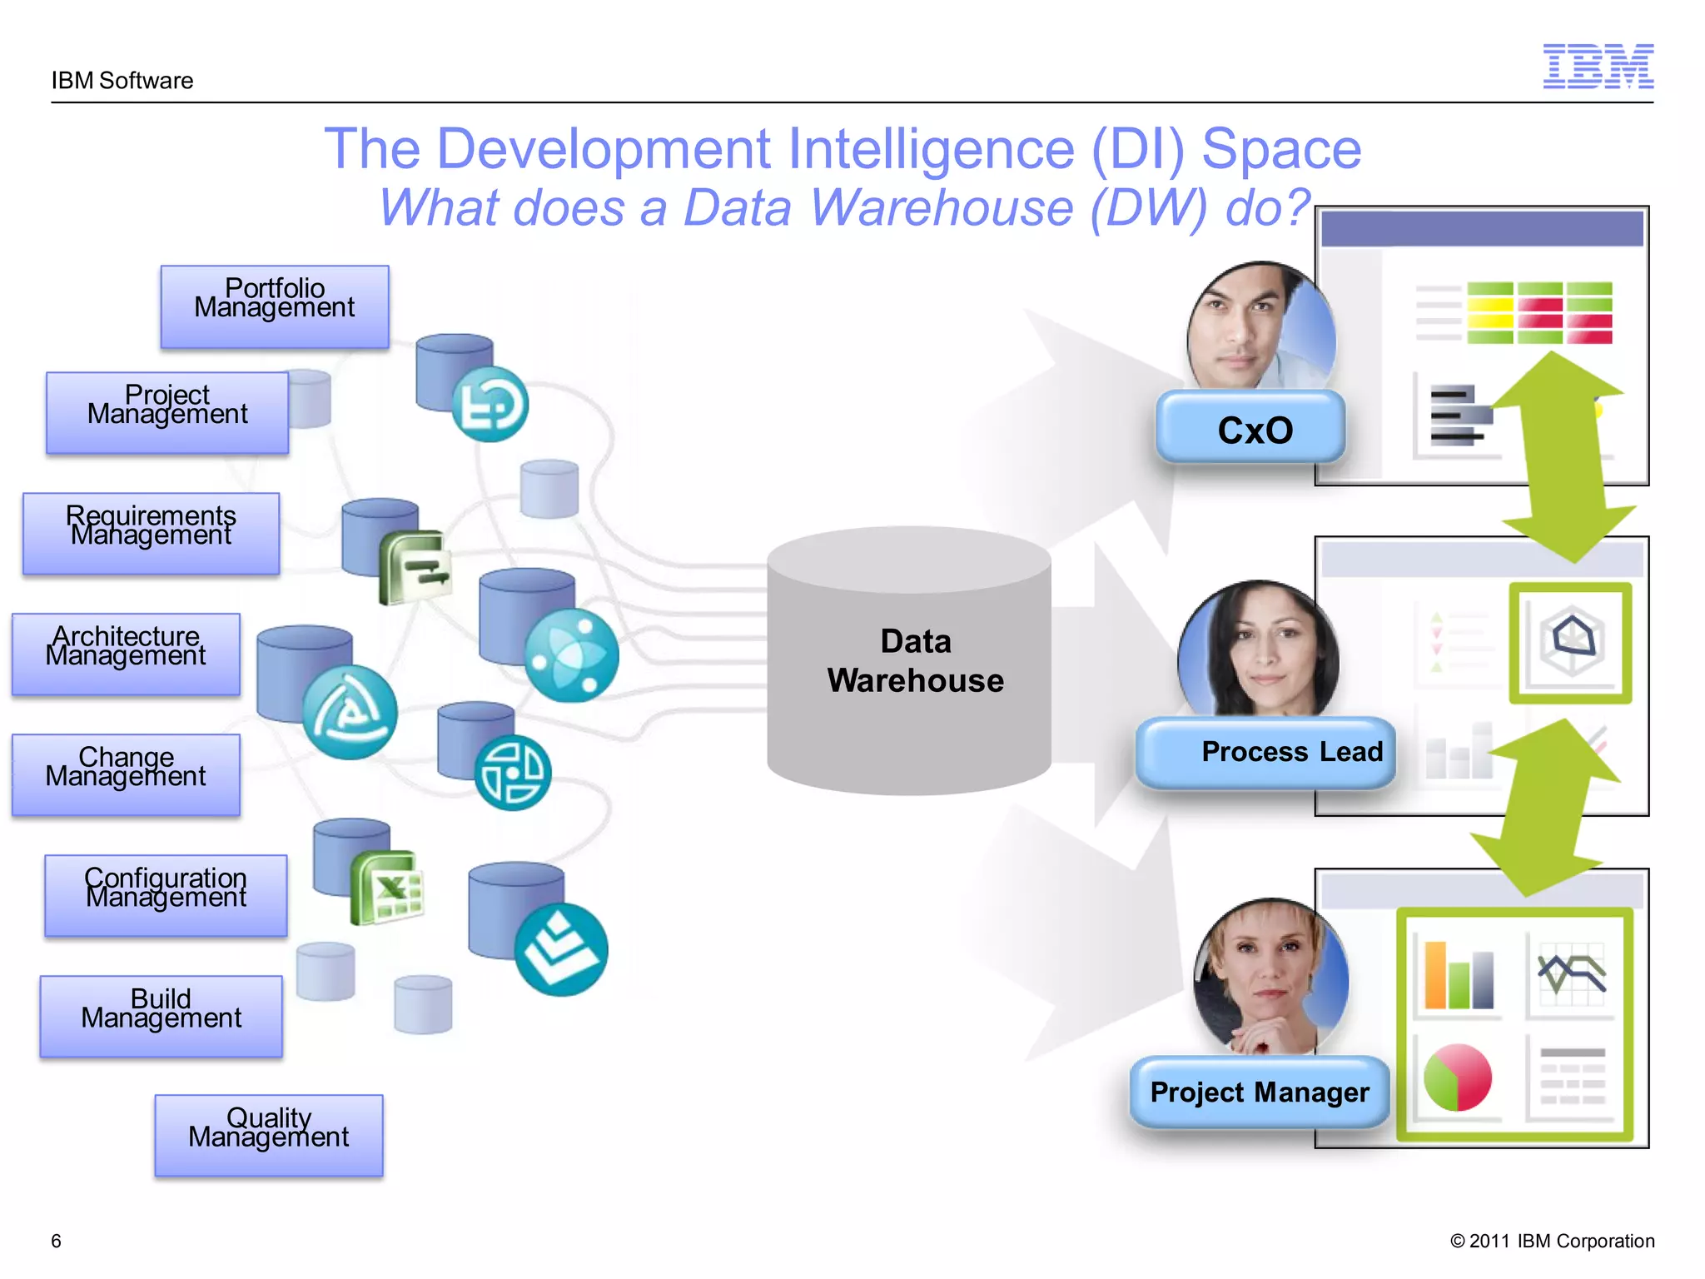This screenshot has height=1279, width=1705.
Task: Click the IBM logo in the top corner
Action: (x=1598, y=67)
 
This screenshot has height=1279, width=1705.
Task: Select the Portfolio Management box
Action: (x=275, y=306)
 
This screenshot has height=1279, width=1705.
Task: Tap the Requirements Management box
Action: (x=151, y=533)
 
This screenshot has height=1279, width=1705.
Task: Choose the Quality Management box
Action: (x=268, y=1135)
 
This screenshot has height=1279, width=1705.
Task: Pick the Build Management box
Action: (x=162, y=1016)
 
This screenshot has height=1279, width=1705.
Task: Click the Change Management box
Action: (x=126, y=774)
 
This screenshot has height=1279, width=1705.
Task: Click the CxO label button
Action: (x=1251, y=429)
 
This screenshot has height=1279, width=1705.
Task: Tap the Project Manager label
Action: (x=1259, y=1092)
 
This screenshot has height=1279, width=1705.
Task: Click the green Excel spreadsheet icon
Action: (x=388, y=889)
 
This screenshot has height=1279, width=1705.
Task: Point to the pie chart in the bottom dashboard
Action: (x=1457, y=1077)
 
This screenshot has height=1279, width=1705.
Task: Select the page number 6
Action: (x=56, y=1241)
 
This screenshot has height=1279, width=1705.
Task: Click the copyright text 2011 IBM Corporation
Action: (x=1553, y=1241)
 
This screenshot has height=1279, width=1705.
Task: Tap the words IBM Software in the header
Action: (x=122, y=81)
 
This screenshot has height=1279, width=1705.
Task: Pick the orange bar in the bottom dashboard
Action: (x=1434, y=976)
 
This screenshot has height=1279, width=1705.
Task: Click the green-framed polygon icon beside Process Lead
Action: (x=1570, y=642)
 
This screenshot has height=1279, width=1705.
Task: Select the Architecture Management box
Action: (x=126, y=654)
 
